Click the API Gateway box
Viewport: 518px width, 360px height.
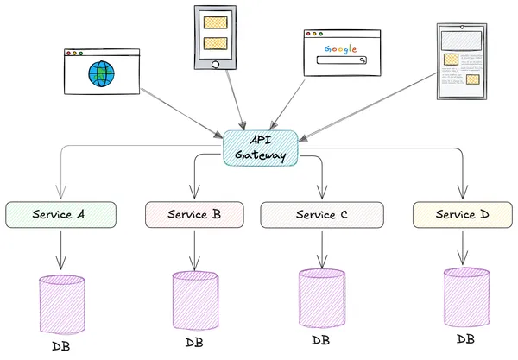click(x=260, y=147)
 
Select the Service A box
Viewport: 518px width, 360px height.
click(x=61, y=214)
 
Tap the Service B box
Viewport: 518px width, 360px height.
click(x=194, y=214)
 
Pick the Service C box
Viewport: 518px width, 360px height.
click(x=321, y=214)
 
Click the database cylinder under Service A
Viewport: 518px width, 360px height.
click(x=62, y=304)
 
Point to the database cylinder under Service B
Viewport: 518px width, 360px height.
click(x=195, y=300)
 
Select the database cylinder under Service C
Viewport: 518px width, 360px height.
click(x=322, y=298)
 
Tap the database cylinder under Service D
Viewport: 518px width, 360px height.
click(x=467, y=296)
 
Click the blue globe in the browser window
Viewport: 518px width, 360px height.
click(x=100, y=75)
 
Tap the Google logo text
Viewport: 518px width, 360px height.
click(x=341, y=47)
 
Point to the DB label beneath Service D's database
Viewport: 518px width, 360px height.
click(x=465, y=338)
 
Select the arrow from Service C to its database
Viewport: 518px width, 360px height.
click(x=322, y=248)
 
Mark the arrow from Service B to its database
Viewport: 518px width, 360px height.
click(x=194, y=249)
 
